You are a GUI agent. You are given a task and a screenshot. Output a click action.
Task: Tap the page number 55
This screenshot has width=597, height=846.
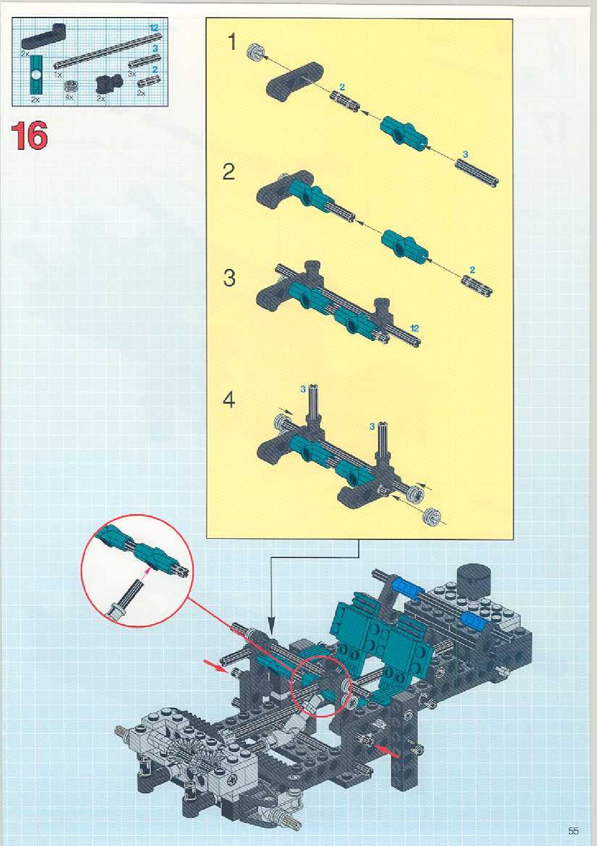pyautogui.click(x=573, y=830)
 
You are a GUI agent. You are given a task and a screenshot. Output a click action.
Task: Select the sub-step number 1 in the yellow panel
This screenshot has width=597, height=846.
pyautogui.click(x=232, y=42)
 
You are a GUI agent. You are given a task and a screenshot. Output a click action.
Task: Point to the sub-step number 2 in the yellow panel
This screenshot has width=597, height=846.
pyautogui.click(x=229, y=172)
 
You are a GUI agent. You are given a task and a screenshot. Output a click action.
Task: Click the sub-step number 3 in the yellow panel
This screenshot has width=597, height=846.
pyautogui.click(x=229, y=278)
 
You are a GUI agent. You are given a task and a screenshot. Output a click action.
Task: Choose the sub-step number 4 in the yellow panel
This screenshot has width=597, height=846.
pyautogui.click(x=229, y=400)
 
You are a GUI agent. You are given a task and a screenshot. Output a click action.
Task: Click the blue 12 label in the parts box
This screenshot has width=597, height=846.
pyautogui.click(x=155, y=28)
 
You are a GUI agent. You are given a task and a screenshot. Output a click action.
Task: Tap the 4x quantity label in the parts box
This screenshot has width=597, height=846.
pyautogui.click(x=69, y=97)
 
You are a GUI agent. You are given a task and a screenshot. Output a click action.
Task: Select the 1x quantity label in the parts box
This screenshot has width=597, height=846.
pyautogui.click(x=58, y=74)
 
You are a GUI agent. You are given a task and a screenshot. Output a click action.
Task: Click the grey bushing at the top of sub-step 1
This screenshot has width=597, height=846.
pyautogui.click(x=256, y=51)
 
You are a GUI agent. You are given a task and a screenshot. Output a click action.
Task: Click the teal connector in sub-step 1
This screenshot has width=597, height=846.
pyautogui.click(x=402, y=132)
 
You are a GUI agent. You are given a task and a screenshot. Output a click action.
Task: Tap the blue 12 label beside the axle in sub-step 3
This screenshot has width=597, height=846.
pyautogui.click(x=415, y=328)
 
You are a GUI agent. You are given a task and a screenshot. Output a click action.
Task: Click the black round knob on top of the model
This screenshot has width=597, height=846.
pyautogui.click(x=474, y=575)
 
